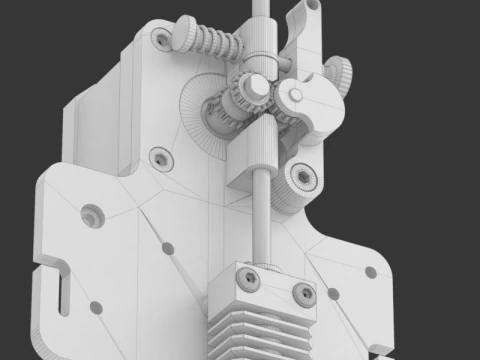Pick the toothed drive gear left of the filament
tap(231, 108)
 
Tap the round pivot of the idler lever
tap(296, 98)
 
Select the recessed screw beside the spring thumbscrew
tap(160, 39)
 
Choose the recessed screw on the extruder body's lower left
tap(160, 159)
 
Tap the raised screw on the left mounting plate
tap(93, 214)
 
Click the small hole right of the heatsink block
tap(333, 294)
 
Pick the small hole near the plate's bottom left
tap(97, 306)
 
